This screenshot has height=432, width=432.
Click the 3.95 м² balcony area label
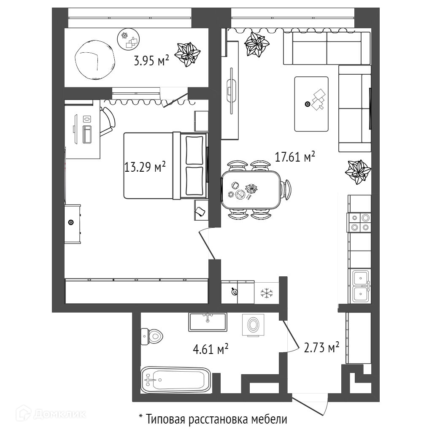click(151, 62)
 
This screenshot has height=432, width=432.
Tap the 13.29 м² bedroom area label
click(144, 167)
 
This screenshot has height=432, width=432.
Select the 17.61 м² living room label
click(295, 157)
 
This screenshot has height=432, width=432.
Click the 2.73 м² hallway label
click(322, 348)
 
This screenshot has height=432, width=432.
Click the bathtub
click(175, 379)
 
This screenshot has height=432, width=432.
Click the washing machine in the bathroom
click(253, 325)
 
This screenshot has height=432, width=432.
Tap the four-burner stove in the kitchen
click(359, 223)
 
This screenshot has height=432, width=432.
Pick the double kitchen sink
click(361, 286)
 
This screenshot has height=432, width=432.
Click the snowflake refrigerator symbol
click(266, 293)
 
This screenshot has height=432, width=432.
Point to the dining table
click(252, 190)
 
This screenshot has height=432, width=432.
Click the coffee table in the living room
click(311, 104)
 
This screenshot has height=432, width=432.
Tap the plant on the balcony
click(187, 54)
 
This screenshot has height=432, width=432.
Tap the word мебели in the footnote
click(268, 419)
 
